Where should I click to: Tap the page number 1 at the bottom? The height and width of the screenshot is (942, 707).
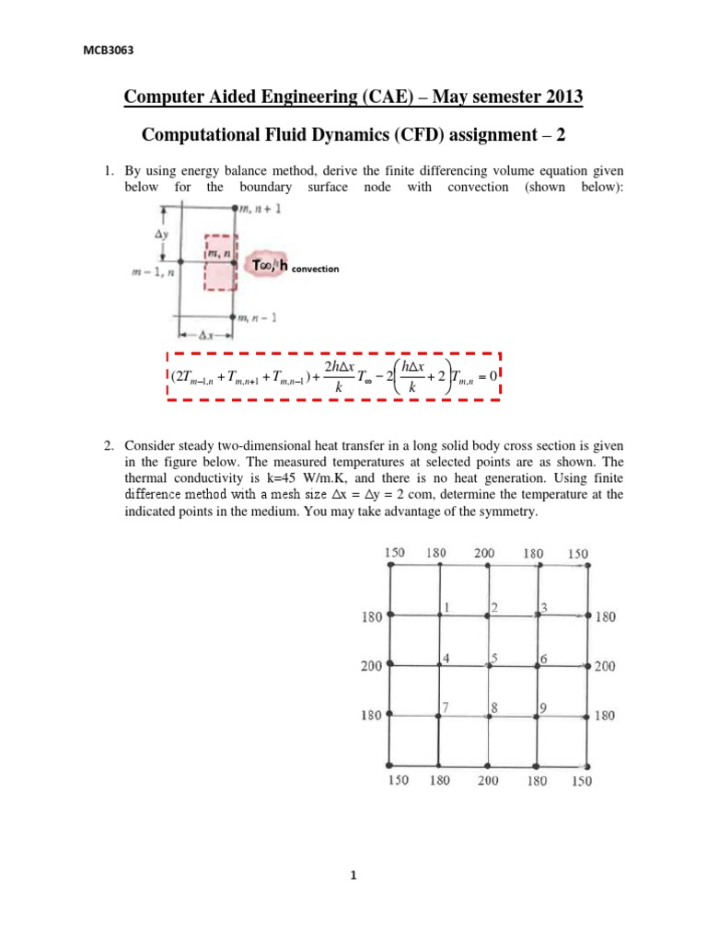(x=353, y=875)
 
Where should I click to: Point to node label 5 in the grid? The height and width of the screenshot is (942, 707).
(x=494, y=657)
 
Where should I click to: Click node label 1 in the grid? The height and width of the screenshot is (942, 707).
(x=446, y=607)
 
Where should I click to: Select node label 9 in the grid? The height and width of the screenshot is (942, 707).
(x=544, y=707)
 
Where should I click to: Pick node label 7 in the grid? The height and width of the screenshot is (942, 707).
(x=446, y=707)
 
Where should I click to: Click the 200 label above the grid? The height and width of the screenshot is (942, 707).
(x=484, y=554)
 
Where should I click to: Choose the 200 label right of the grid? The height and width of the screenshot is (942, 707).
(x=605, y=666)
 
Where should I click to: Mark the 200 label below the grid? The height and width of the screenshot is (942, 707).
(x=488, y=781)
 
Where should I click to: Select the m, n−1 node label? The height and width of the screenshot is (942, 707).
(x=259, y=318)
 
